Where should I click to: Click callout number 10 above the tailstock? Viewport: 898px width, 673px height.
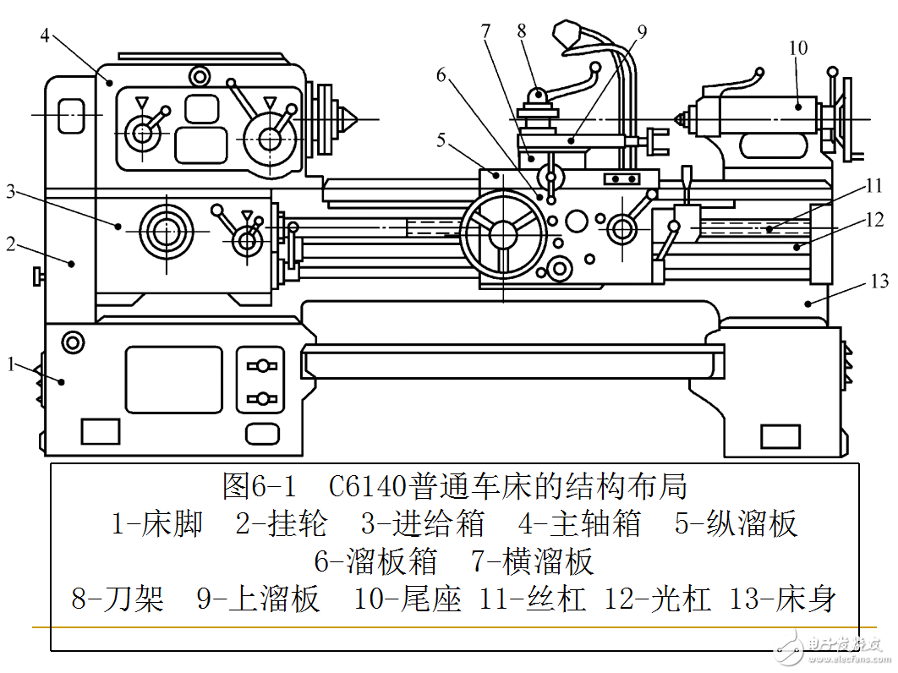click(x=798, y=48)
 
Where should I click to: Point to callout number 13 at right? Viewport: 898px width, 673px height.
click(x=879, y=280)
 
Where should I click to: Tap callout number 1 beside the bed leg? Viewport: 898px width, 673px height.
click(x=11, y=364)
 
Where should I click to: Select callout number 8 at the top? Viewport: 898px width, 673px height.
click(x=522, y=30)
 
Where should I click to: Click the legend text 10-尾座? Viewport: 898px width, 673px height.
click(x=408, y=599)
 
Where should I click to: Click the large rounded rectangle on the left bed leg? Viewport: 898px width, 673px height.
click(x=173, y=380)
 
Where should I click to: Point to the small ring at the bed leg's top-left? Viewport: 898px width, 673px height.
click(x=73, y=342)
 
